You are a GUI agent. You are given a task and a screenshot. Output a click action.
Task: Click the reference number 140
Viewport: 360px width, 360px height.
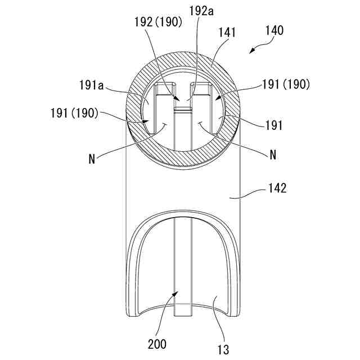274,30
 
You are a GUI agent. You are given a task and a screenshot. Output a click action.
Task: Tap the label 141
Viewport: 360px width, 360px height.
227,33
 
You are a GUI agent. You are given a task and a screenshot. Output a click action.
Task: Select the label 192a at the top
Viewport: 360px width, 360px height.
201,11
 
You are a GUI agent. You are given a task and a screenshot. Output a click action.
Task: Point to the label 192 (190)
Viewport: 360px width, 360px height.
158,22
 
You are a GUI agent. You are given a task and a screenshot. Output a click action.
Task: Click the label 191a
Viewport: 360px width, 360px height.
91,85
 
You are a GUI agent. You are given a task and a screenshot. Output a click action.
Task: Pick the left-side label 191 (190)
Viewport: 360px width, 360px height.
74,113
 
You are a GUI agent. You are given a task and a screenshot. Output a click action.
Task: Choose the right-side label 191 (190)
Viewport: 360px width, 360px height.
286,84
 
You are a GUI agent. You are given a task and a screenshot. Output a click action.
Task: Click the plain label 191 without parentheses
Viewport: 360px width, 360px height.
274,125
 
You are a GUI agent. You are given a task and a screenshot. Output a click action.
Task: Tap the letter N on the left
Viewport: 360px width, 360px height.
92,159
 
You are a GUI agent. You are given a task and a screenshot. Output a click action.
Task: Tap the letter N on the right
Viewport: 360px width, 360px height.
273,155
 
